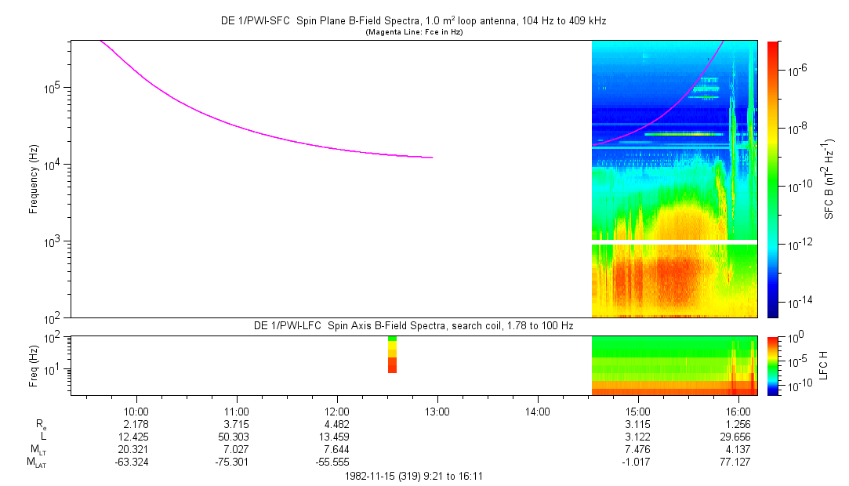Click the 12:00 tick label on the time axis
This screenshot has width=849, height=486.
click(x=337, y=411)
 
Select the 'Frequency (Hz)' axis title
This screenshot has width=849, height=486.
click(x=34, y=179)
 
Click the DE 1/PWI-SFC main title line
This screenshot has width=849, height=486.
click(x=413, y=21)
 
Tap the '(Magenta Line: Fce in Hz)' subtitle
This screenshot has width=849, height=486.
click(x=413, y=31)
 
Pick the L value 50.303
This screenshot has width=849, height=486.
click(x=237, y=437)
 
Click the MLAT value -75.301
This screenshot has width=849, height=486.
click(x=237, y=462)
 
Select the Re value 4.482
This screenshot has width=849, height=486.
click(x=337, y=424)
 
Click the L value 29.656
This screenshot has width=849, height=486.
click(x=738, y=437)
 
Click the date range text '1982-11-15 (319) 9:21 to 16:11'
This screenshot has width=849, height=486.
click(x=413, y=476)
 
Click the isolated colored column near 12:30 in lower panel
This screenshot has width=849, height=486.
click(x=392, y=355)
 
